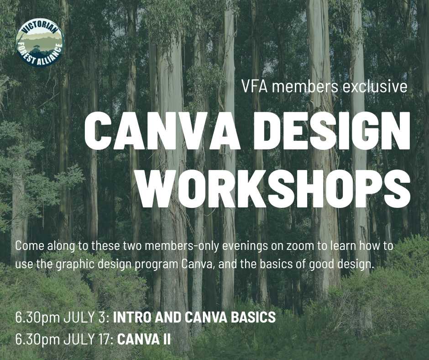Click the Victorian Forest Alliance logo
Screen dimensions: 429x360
41,42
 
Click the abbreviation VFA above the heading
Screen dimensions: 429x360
255,86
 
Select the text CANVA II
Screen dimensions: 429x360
144,339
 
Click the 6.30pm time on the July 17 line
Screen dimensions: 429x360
38,340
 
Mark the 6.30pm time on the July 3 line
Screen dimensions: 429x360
38,318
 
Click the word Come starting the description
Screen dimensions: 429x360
29,246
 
